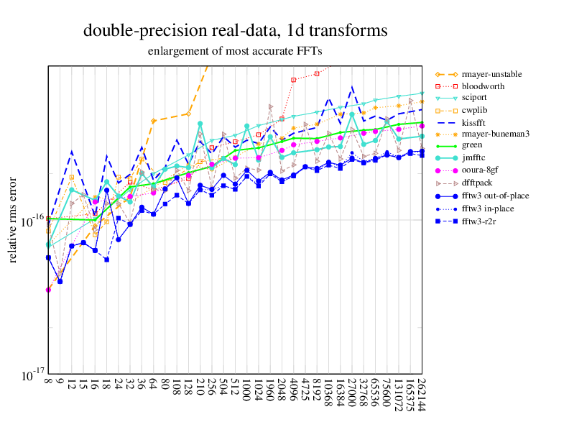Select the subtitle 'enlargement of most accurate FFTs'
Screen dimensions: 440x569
tap(235, 51)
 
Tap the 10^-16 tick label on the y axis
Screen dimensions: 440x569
tap(29, 221)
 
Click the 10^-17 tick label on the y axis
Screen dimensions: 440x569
tap(29, 376)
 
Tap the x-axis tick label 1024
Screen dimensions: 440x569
tap(259, 391)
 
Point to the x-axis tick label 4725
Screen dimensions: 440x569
tap(305, 391)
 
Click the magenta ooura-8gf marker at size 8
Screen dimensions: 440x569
tap(48, 290)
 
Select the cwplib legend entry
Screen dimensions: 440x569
tap(474, 110)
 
